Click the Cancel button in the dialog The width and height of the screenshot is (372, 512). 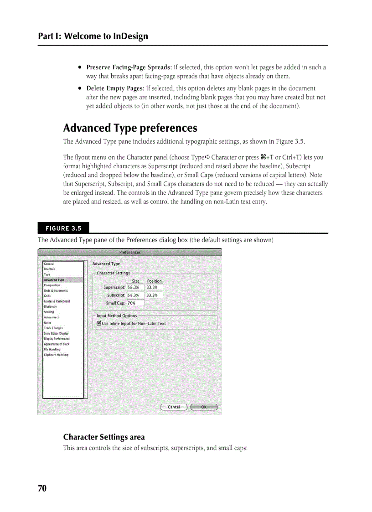click(x=174, y=407)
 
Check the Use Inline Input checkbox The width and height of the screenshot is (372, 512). click(x=99, y=324)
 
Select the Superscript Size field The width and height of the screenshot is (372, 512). click(x=135, y=288)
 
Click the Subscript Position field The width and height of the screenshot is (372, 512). click(x=154, y=295)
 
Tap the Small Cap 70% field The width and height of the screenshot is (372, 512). click(x=135, y=303)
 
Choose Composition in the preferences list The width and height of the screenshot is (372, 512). click(x=52, y=285)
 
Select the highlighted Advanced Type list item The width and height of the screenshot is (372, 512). click(x=54, y=280)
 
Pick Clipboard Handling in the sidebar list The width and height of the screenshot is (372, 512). click(x=56, y=355)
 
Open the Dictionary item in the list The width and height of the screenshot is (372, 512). click(x=51, y=307)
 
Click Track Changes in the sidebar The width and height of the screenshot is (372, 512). click(x=53, y=328)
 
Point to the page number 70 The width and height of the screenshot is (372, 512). click(x=42, y=489)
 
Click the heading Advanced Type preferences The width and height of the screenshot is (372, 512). click(x=130, y=128)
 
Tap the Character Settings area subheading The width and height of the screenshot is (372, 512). click(x=104, y=437)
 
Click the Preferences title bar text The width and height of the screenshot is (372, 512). click(x=130, y=252)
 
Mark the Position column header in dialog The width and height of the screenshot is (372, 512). click(x=154, y=281)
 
